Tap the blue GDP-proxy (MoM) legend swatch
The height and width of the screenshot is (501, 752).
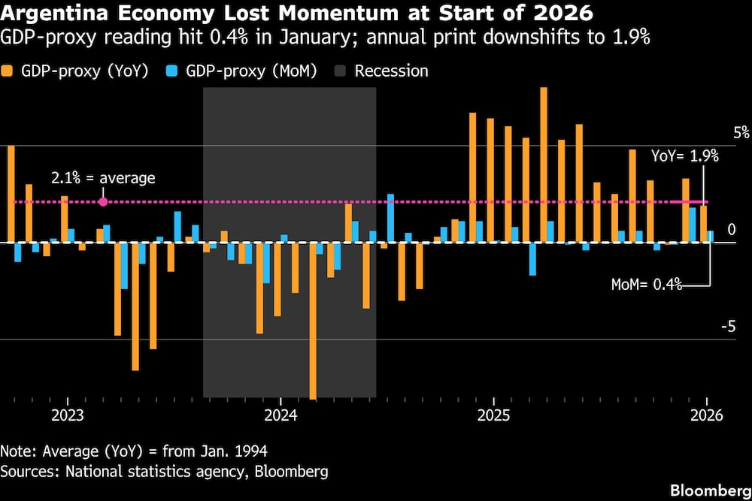pos(172,71)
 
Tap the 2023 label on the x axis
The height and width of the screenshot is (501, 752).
pos(67,415)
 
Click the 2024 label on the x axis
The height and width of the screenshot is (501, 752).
pos(280,415)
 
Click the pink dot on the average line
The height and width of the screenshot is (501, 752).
pos(103,201)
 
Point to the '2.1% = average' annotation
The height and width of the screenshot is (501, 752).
pos(103,178)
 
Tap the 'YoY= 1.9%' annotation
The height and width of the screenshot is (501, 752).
pos(684,156)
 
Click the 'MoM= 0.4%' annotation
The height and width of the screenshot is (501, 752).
pos(646,284)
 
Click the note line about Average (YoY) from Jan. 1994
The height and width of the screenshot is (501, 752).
pos(134,451)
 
